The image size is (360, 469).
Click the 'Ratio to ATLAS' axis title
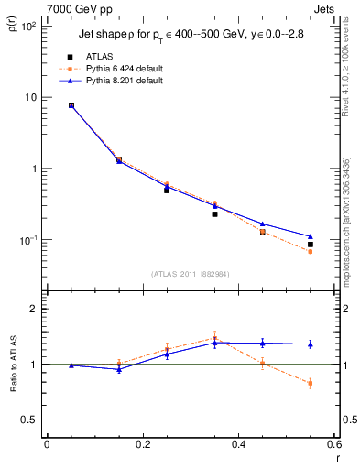coord(16,364)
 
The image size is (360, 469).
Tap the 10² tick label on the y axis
coord(27,26)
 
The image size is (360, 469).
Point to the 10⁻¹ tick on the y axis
coord(27,240)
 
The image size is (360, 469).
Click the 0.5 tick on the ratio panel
coord(28,420)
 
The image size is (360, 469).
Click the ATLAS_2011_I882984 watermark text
coord(191,273)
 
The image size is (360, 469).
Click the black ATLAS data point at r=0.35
coord(214,213)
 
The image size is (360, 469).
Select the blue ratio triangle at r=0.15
coord(119,369)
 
